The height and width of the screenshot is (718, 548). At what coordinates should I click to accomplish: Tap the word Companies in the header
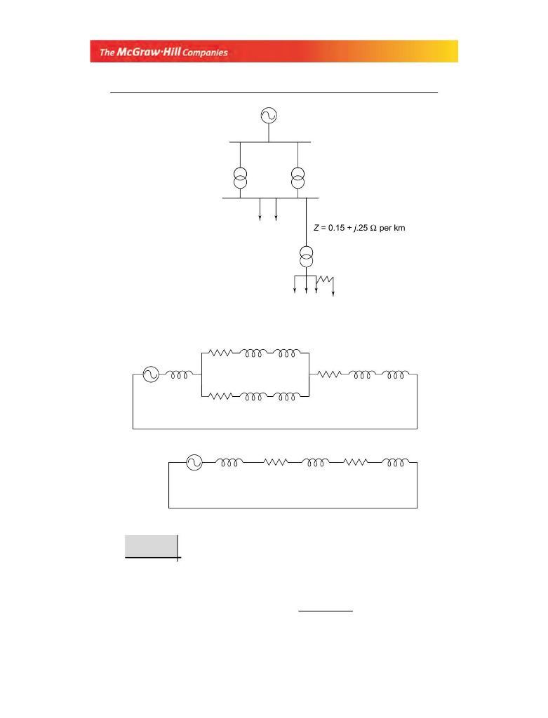[x=204, y=53]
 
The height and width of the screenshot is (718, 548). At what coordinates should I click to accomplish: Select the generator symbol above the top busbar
[x=269, y=116]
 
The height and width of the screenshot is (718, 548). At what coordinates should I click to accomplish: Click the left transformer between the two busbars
[x=240, y=177]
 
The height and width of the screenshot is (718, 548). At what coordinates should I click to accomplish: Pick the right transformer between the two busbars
[x=298, y=177]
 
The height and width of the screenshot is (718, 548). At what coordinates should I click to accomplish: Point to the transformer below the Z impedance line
[x=307, y=257]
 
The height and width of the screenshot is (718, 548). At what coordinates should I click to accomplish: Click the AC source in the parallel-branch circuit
[x=151, y=374]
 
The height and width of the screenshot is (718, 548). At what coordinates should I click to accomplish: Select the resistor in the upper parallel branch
[x=220, y=353]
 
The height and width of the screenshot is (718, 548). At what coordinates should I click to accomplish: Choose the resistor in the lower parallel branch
[x=220, y=396]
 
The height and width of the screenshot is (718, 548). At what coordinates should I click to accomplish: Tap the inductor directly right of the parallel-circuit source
[x=176, y=374]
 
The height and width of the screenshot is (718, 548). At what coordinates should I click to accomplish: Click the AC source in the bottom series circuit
[x=194, y=462]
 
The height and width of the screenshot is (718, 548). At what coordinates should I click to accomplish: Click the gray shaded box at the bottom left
[x=151, y=546]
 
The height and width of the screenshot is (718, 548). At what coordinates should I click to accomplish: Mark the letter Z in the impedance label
[x=316, y=229]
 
